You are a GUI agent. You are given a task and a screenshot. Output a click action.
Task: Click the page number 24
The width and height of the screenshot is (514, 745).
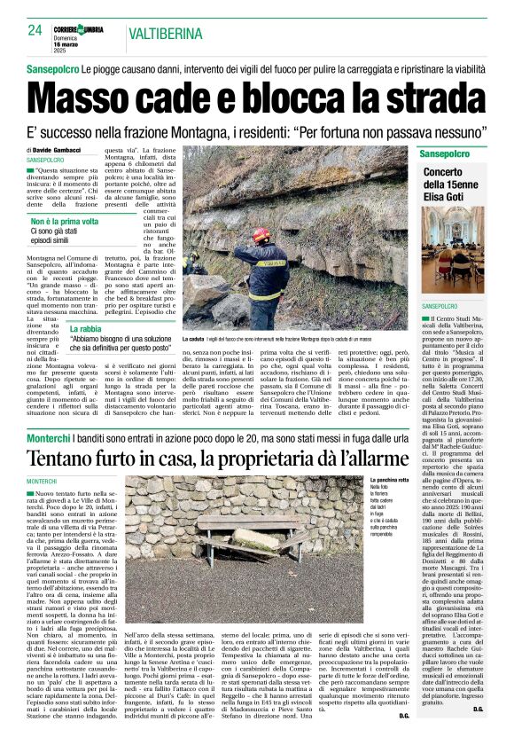coord(35,30)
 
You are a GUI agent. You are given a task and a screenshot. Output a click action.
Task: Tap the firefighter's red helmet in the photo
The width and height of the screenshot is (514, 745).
coord(261,234)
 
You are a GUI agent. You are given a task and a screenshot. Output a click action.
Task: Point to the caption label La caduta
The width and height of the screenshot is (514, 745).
coord(194,340)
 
